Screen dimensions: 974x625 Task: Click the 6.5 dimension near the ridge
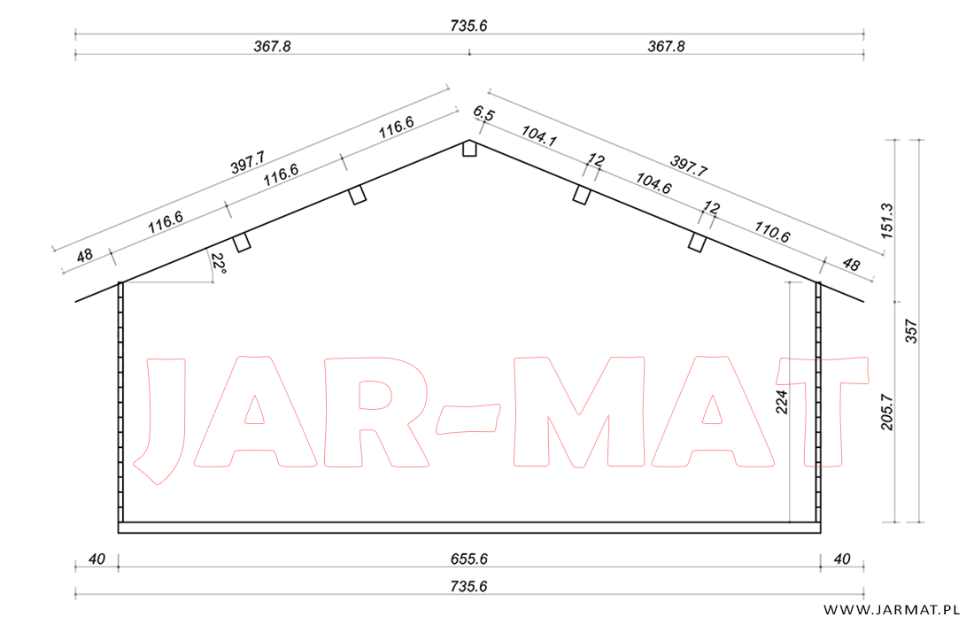click(x=483, y=113)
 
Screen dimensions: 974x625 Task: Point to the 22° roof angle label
click(x=218, y=264)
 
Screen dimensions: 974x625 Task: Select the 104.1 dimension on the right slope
click(x=538, y=135)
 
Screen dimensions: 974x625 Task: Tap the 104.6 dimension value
click(x=653, y=182)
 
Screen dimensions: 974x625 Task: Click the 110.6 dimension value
click(x=772, y=231)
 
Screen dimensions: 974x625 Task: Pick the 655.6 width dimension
click(x=469, y=559)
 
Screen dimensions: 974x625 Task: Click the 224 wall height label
click(x=782, y=402)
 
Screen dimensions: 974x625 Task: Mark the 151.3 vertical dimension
click(x=886, y=220)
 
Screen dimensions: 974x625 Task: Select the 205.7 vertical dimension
click(x=886, y=412)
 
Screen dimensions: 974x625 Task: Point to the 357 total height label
click(x=911, y=331)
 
